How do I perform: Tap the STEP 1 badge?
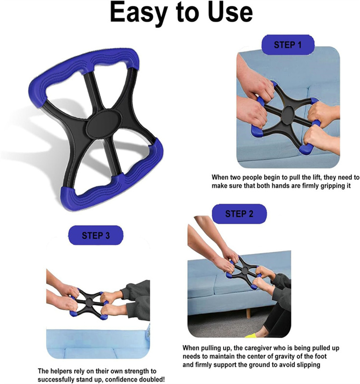point(288,45)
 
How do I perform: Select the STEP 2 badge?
point(239,214)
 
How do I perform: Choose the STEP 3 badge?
point(96,236)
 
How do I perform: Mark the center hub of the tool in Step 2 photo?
point(244,272)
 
